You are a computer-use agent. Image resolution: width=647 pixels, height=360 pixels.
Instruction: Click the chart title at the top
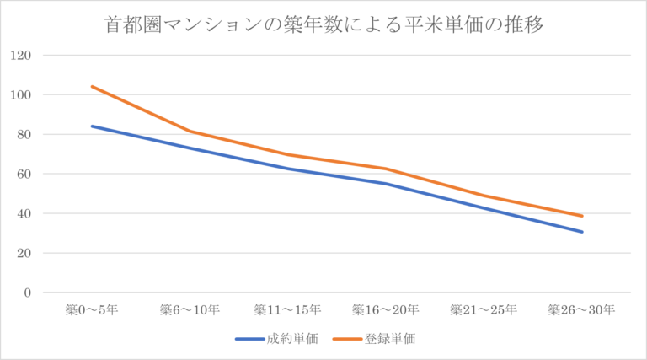pyautogui.click(x=323, y=24)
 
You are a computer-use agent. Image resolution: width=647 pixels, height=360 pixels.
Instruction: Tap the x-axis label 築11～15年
pyautogui.click(x=287, y=309)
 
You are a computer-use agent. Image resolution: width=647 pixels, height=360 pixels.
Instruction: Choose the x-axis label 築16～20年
pyautogui.click(x=385, y=309)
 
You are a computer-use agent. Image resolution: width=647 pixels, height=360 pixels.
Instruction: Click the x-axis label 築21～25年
pyautogui.click(x=484, y=309)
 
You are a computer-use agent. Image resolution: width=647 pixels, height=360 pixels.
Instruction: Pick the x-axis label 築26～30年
pyautogui.click(x=581, y=309)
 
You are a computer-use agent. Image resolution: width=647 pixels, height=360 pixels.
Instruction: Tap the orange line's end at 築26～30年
pyautogui.click(x=581, y=216)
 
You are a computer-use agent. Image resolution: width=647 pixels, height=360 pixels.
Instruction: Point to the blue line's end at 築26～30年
pyautogui.click(x=581, y=232)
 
